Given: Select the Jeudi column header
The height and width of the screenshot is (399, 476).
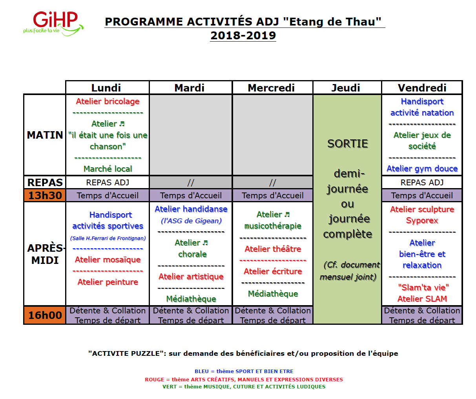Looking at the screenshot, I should [x=346, y=88].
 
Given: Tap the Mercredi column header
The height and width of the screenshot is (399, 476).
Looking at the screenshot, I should [x=271, y=88].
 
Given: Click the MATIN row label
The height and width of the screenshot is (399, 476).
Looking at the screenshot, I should [x=45, y=135].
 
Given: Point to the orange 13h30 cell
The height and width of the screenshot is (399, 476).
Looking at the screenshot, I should [x=45, y=195].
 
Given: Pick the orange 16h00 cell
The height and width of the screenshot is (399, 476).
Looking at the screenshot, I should [x=45, y=315].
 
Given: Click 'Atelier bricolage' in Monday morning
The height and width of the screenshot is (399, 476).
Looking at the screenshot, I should [x=108, y=101].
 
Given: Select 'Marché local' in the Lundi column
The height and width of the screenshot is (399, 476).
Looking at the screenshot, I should [x=108, y=169].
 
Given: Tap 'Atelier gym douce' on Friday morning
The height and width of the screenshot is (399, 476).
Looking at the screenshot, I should [x=422, y=168].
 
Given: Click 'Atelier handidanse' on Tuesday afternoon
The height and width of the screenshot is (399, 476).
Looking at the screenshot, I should [x=191, y=209].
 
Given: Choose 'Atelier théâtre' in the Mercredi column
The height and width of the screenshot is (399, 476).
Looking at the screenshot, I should [x=273, y=249].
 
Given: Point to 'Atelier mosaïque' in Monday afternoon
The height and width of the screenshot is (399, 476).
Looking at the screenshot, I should [x=108, y=260].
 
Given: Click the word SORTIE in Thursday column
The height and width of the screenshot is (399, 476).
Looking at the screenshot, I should [x=348, y=144].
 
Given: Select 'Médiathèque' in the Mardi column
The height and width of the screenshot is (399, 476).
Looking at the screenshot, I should [x=191, y=299].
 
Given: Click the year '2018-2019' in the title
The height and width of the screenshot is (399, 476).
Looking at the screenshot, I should [x=243, y=35].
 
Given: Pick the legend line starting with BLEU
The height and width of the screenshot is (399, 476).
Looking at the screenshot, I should [x=244, y=371].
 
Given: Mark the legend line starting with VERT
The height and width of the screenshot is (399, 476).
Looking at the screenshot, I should [x=244, y=386].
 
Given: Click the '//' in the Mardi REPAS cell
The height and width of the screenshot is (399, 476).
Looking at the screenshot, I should [x=191, y=183].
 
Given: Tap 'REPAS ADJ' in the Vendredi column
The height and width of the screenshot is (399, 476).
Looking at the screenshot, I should [x=422, y=183].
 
